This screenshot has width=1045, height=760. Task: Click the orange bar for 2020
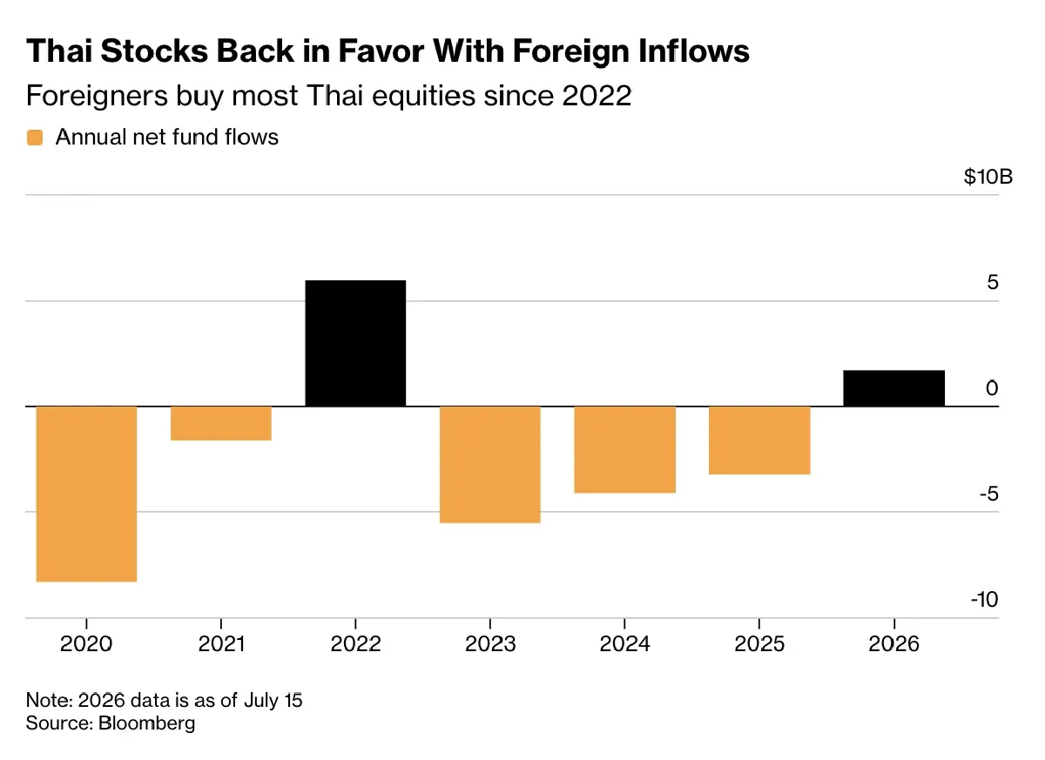pos(86,494)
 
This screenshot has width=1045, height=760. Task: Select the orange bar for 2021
pos(221,423)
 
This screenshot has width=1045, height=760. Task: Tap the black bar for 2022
pos(355,343)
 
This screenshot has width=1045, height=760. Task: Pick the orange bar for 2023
pos(490,464)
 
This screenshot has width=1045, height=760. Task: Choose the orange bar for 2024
pos(625,449)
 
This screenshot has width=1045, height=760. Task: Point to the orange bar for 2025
pos(759,441)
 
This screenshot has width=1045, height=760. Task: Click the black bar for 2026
pos(893,388)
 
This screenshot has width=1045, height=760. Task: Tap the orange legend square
pos(35,138)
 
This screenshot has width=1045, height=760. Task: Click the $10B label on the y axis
pos(988,177)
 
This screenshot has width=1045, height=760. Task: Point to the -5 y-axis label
pos(989,494)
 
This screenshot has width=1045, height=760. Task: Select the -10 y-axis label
pos(984,599)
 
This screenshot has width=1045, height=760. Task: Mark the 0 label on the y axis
pos(992,388)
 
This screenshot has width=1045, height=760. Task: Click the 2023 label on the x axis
pos(490,644)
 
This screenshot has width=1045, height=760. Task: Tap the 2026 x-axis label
pos(893,644)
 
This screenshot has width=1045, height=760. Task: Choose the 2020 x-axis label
pos(86,644)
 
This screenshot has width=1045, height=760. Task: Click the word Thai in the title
pos(59,50)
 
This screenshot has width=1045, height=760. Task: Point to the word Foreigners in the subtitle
pos(97,96)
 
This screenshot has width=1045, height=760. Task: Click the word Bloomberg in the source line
pos(146,723)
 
